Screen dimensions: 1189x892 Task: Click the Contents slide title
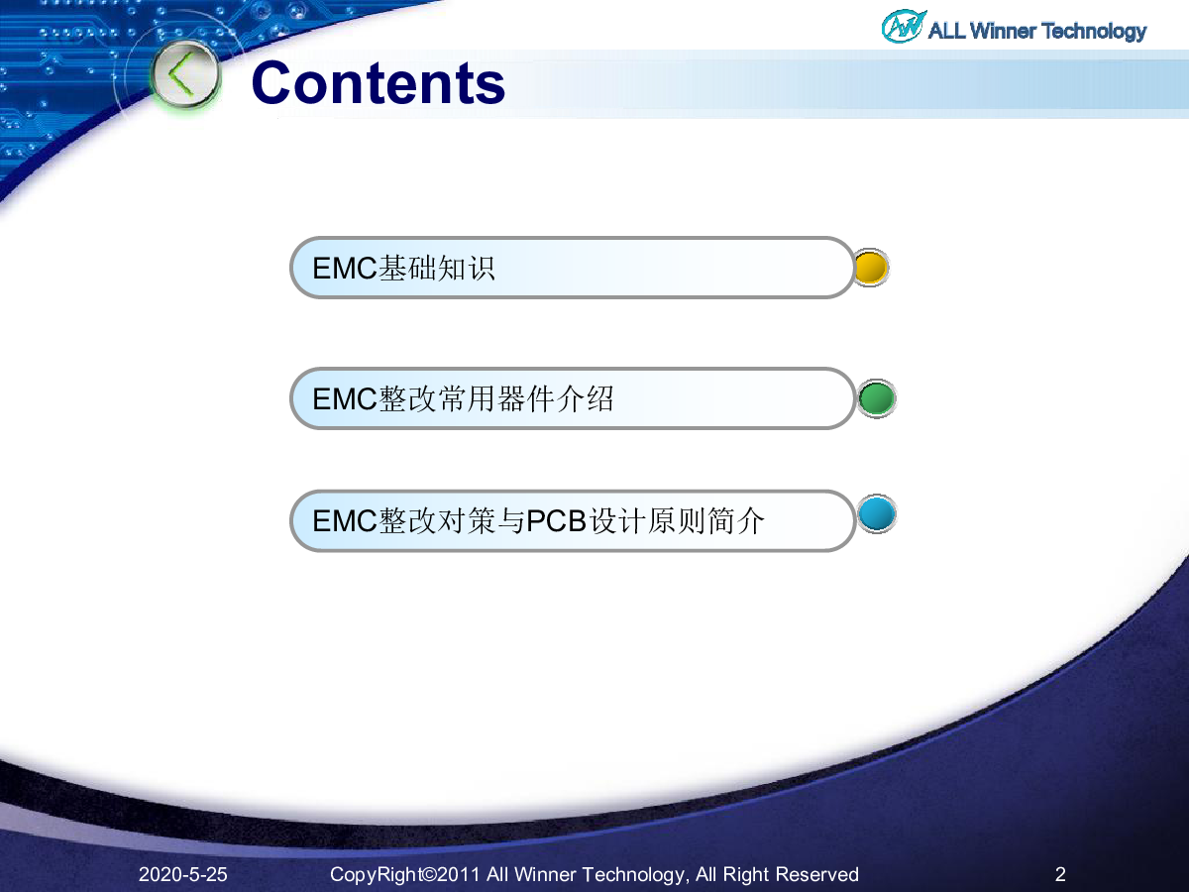coord(378,83)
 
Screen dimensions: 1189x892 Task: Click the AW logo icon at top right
coord(903,26)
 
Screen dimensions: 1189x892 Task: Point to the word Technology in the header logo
coord(1094,32)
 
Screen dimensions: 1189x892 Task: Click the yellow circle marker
coord(871,268)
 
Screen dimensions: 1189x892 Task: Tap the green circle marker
coord(877,398)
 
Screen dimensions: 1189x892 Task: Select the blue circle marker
coord(877,513)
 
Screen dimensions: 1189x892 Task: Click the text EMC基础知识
coord(403,268)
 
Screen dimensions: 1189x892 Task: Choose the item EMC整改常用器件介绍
coord(463,399)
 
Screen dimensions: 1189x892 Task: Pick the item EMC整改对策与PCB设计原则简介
coord(538,521)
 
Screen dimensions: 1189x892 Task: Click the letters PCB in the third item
coord(557,521)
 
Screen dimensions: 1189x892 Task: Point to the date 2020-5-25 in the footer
coord(183,874)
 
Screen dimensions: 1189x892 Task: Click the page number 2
coord(1060,874)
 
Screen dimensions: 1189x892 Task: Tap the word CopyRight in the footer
coord(375,875)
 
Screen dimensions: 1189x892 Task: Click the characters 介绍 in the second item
coord(585,399)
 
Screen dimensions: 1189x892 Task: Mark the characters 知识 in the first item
coord(466,268)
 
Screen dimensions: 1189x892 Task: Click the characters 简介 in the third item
coord(735,521)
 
